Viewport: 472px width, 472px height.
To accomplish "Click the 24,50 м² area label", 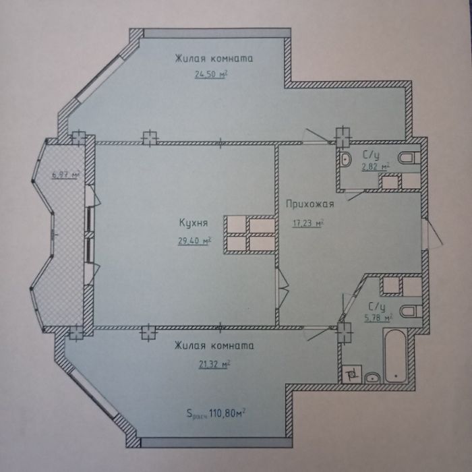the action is coord(210,73).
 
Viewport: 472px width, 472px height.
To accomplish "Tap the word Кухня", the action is coord(194,223).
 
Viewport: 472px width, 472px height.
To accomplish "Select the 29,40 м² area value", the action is coord(194,241).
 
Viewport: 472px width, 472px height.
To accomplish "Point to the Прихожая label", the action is coord(310,204).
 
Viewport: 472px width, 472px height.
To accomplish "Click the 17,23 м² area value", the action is coord(307,223).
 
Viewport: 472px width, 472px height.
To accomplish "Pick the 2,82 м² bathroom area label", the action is coord(376,167).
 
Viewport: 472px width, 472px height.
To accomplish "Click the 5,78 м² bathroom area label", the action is coord(378,318).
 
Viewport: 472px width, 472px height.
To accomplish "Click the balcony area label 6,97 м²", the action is coord(65,175).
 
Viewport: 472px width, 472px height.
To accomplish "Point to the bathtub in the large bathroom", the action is coord(395,355).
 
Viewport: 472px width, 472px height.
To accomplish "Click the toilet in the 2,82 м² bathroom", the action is coord(409,157).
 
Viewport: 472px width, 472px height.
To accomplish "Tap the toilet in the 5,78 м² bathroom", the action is coord(411,312).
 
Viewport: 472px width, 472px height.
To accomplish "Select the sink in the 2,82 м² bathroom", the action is coord(345,159).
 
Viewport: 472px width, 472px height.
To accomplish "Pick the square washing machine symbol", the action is coord(352,374).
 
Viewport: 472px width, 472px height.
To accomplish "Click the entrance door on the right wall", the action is coord(431,234).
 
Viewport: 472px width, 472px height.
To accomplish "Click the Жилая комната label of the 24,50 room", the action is coord(214,59).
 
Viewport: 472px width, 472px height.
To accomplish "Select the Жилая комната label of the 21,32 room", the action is coord(214,345).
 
